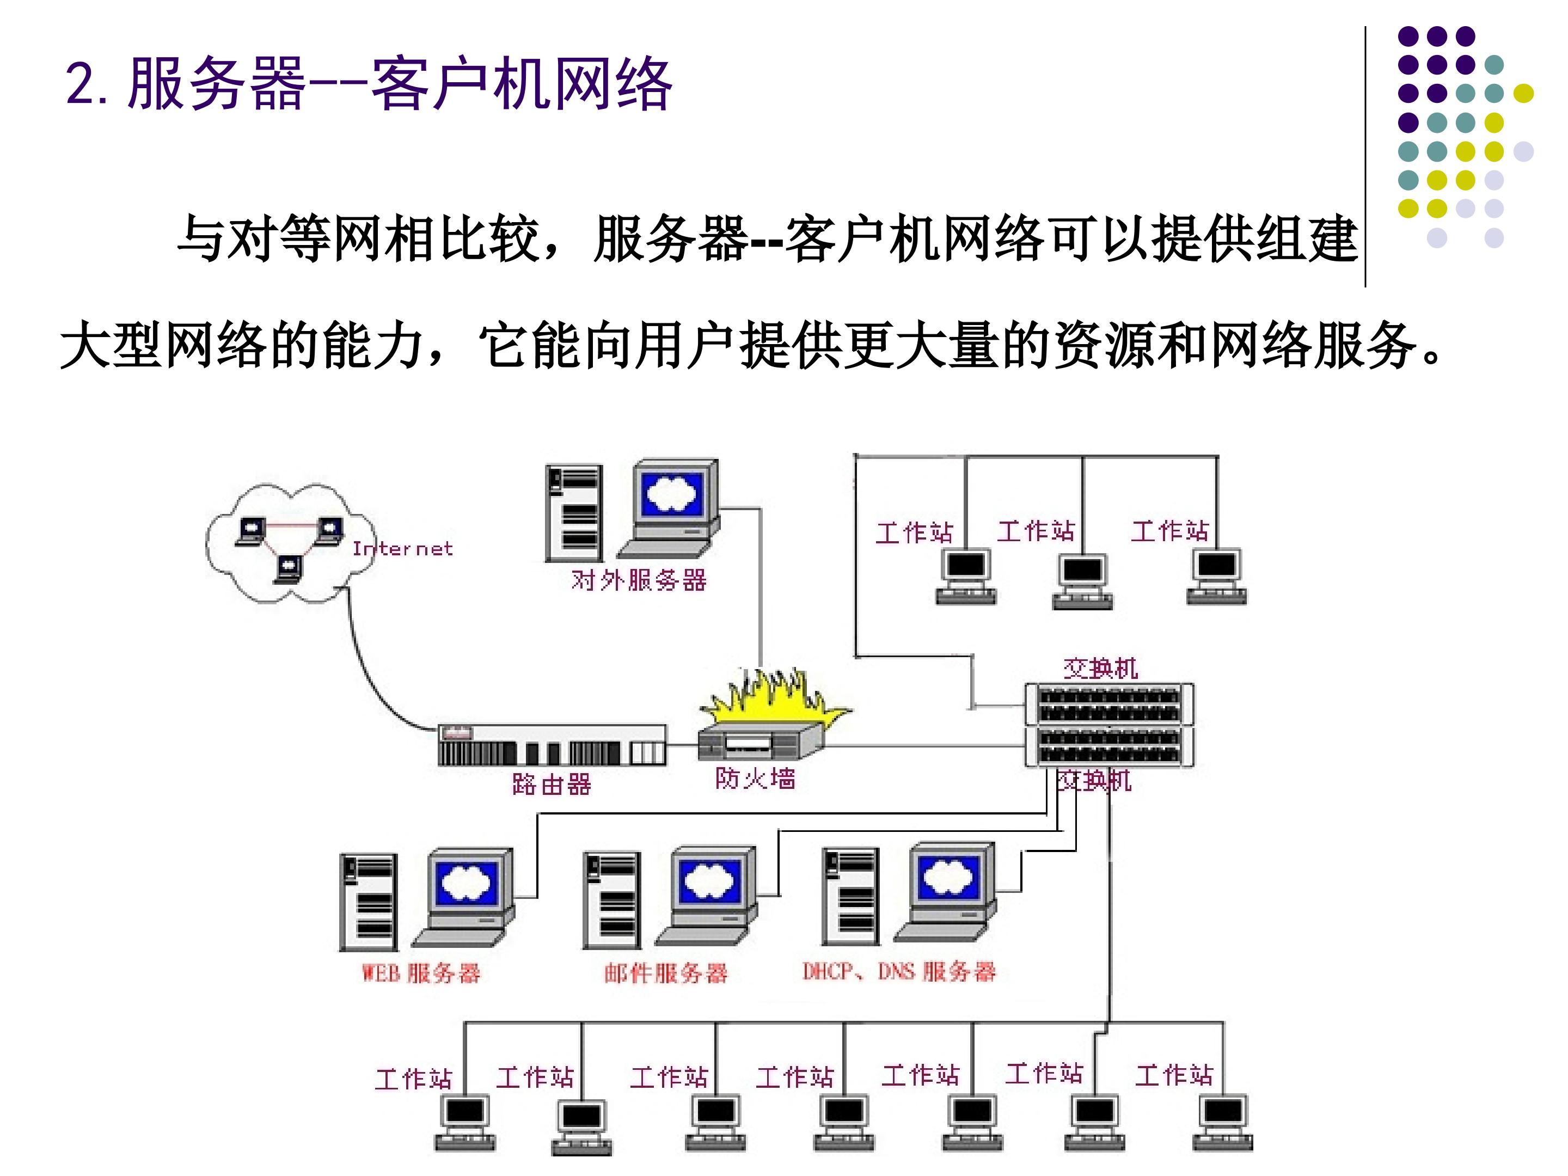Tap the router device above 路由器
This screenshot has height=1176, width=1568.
pos(552,744)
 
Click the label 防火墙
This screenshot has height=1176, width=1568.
pos(755,779)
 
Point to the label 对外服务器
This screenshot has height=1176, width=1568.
pos(639,580)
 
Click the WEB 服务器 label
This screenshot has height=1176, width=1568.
pos(421,972)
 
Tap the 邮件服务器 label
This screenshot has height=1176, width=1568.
pos(666,972)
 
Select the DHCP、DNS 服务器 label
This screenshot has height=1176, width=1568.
pos(899,971)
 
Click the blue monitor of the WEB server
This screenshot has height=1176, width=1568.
pos(467,883)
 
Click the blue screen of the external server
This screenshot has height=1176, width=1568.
pos(672,493)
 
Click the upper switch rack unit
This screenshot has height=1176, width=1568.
pos(1110,704)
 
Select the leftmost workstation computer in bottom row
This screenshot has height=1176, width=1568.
pos(465,1122)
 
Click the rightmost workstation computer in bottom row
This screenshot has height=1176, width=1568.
pos(1223,1122)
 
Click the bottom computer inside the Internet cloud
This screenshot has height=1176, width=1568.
pos(289,568)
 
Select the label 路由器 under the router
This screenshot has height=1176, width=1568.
pos(552,784)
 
